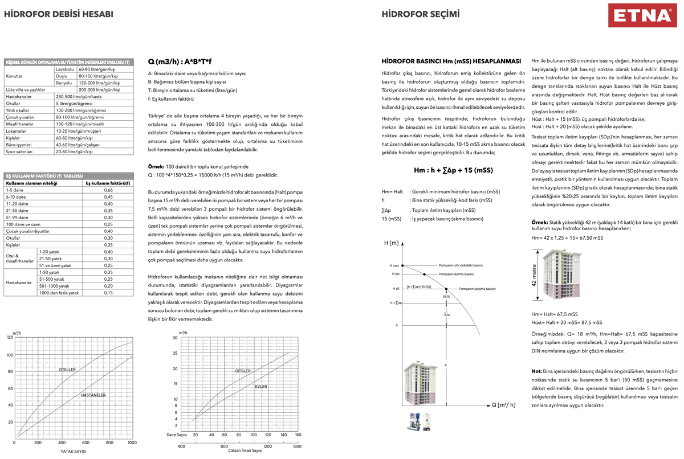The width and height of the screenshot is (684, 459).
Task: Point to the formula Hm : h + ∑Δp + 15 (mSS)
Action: pos(453,170)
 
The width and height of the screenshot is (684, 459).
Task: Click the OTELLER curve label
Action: pos(67,370)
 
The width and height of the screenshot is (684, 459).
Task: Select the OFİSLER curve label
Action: pos(243,371)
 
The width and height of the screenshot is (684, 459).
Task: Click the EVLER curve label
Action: pos(261,387)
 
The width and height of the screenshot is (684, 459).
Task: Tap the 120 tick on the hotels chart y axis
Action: pos(10,338)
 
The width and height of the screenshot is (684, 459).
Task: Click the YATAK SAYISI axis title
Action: pos(73,451)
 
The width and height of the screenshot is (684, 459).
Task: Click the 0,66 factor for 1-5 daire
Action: pos(107,189)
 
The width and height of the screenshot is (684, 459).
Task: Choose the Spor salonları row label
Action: pos(20,152)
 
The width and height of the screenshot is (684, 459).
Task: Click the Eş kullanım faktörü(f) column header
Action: pos(107,183)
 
